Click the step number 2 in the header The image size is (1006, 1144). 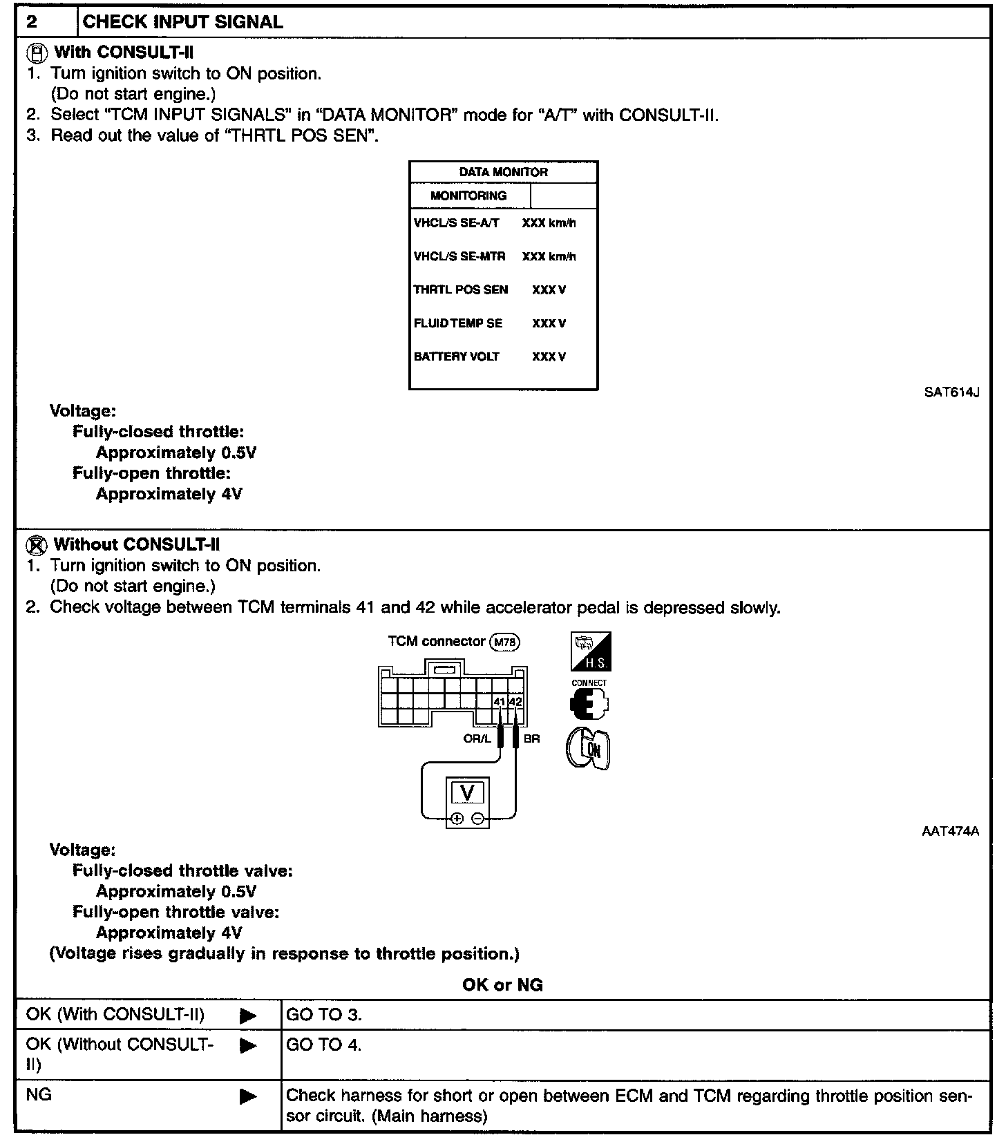point(32,22)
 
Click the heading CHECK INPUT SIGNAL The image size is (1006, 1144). point(182,22)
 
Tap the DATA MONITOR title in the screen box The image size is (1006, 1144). point(503,172)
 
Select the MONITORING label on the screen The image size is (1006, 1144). point(468,196)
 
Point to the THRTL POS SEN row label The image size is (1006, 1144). point(460,290)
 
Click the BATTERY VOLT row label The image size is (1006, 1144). point(456,357)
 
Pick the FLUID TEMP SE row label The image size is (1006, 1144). point(457,323)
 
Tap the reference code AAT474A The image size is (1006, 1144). point(950,832)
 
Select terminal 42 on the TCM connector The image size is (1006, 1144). point(515,702)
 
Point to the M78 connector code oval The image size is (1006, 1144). point(504,642)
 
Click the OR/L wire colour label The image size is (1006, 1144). point(477,738)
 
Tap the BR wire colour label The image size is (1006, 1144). point(531,738)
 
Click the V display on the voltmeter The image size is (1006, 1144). point(467,793)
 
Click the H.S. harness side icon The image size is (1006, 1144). point(591,651)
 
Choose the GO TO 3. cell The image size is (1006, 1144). point(324,1015)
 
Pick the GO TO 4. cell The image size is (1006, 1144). point(324,1045)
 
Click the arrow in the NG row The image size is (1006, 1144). point(248,1096)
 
